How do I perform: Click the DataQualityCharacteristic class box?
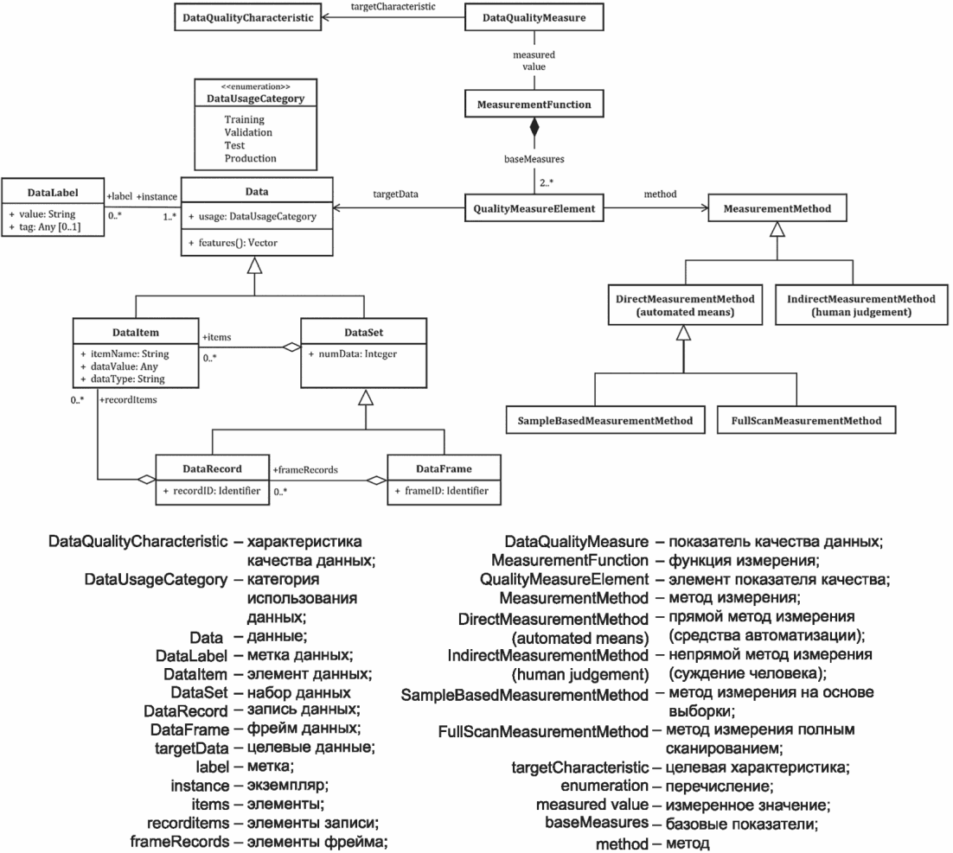pyautogui.click(x=246, y=17)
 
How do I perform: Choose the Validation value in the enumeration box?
pyautogui.click(x=248, y=132)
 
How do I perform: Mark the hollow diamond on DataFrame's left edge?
pyautogui.click(x=378, y=481)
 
